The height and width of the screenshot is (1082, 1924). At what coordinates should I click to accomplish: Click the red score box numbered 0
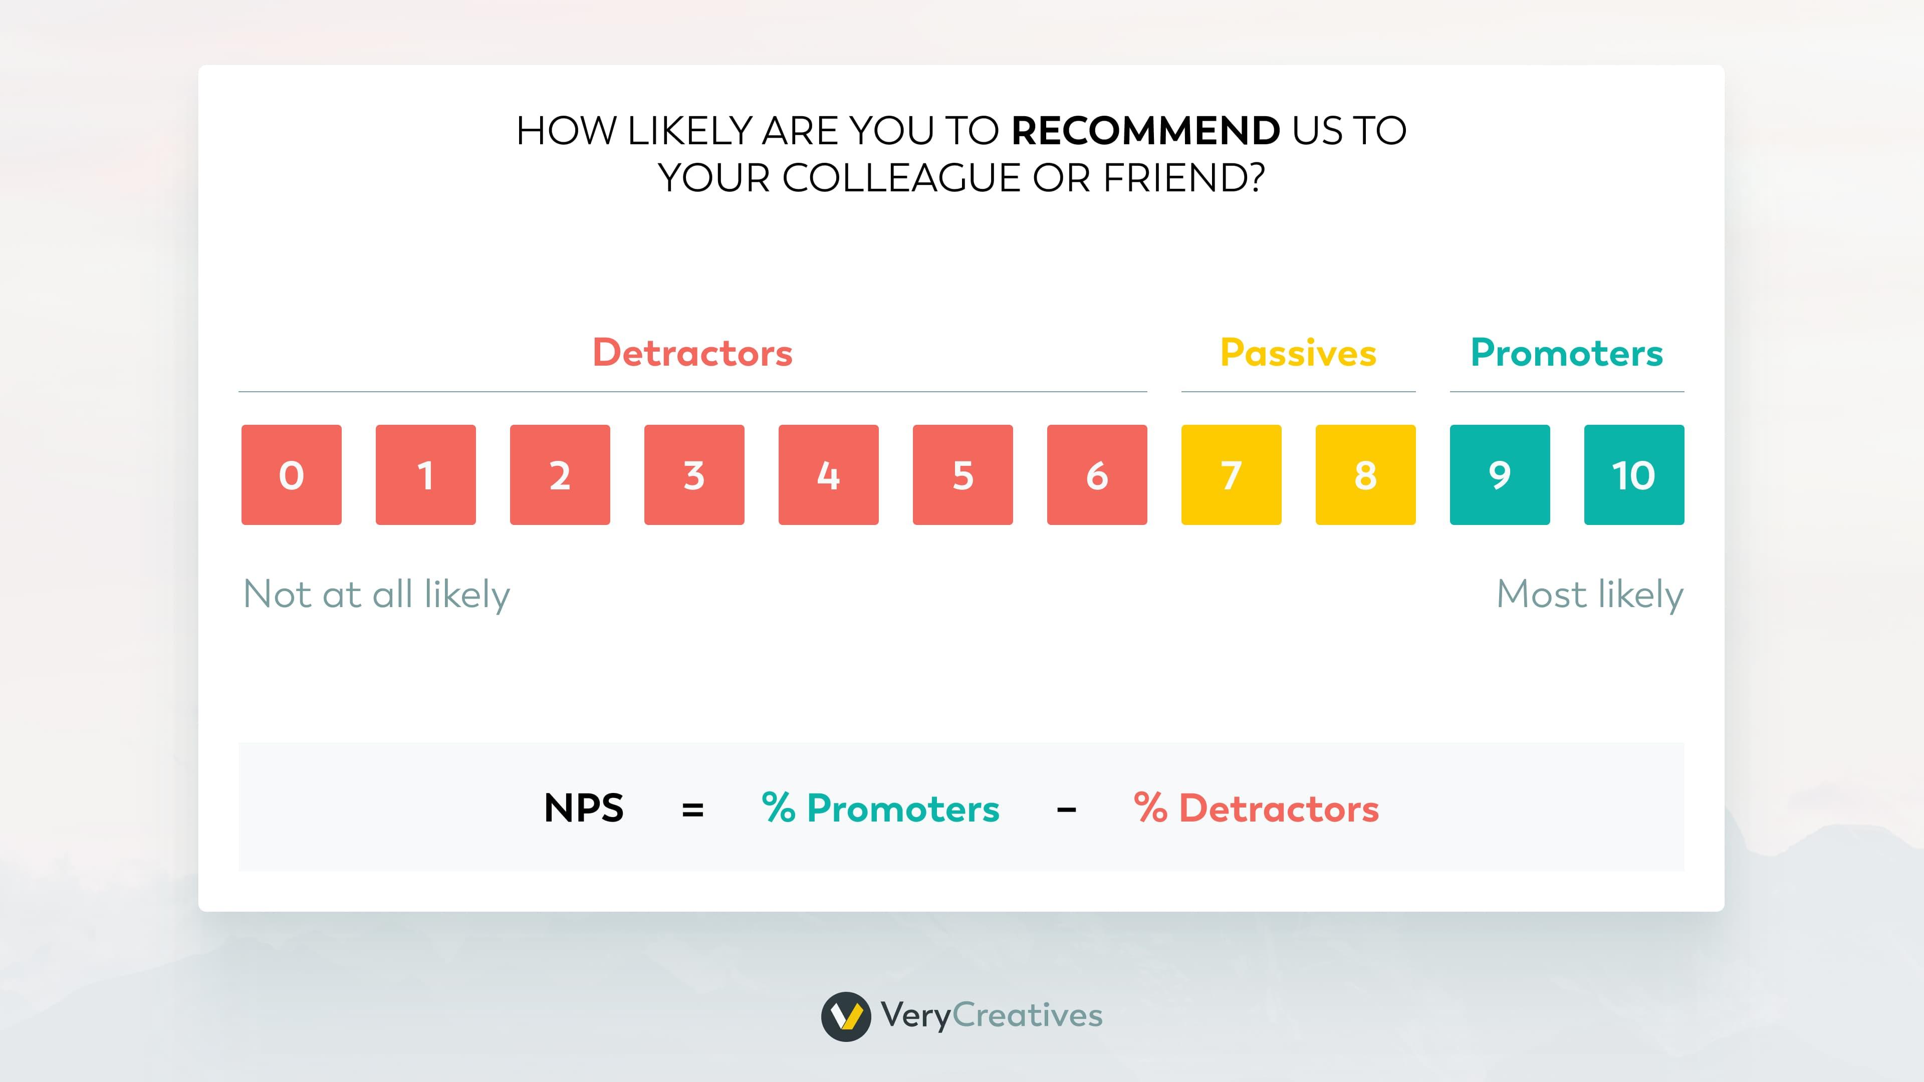click(x=291, y=475)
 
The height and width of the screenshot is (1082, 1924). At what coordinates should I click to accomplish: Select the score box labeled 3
click(x=694, y=475)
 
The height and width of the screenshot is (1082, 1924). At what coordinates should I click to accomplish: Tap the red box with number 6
click(x=1096, y=475)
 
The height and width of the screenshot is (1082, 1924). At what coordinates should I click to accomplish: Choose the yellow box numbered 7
click(x=1231, y=475)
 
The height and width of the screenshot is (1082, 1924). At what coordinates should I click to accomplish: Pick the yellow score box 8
click(x=1365, y=475)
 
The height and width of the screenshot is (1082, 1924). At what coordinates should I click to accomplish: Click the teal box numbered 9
click(x=1500, y=475)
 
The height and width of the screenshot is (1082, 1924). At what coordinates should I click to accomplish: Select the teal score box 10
click(x=1633, y=475)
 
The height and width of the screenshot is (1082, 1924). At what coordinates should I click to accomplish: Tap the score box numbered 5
click(x=963, y=475)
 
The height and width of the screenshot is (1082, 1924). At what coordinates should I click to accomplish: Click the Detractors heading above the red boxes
click(x=692, y=353)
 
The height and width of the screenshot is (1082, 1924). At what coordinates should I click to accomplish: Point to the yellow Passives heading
click(x=1298, y=353)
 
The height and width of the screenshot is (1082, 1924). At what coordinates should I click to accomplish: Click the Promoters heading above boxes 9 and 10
click(x=1566, y=353)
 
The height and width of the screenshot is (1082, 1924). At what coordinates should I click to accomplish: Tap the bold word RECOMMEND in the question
click(x=1146, y=131)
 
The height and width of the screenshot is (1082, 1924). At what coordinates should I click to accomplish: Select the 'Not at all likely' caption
click(x=376, y=595)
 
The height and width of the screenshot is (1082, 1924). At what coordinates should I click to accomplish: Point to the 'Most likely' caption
click(x=1589, y=595)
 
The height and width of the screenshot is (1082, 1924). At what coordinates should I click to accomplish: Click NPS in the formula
click(x=583, y=808)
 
